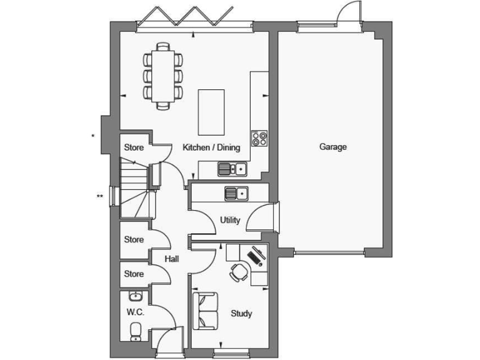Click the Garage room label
[x=333, y=147]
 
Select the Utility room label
[x=231, y=220]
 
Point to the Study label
[x=241, y=313]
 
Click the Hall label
[x=172, y=258]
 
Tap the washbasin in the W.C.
[x=136, y=296]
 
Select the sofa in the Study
[x=205, y=311]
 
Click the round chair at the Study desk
[x=238, y=271]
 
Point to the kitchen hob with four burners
[x=259, y=138]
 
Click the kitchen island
[x=211, y=113]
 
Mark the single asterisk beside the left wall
[x=93, y=136]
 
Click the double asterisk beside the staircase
[x=99, y=197]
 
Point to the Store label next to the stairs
[x=134, y=148]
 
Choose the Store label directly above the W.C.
[x=134, y=274]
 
